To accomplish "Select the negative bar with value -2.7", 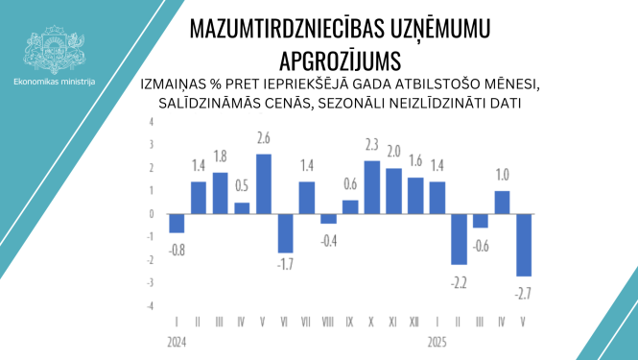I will tap(523, 245).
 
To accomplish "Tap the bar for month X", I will tap(372, 187).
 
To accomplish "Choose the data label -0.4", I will tap(328, 239).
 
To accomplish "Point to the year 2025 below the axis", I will tap(437, 340).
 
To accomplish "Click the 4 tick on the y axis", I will tap(151, 123).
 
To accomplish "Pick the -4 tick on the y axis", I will tap(149, 305).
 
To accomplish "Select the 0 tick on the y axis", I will tap(151, 214).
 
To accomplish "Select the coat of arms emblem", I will tap(55, 46).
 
